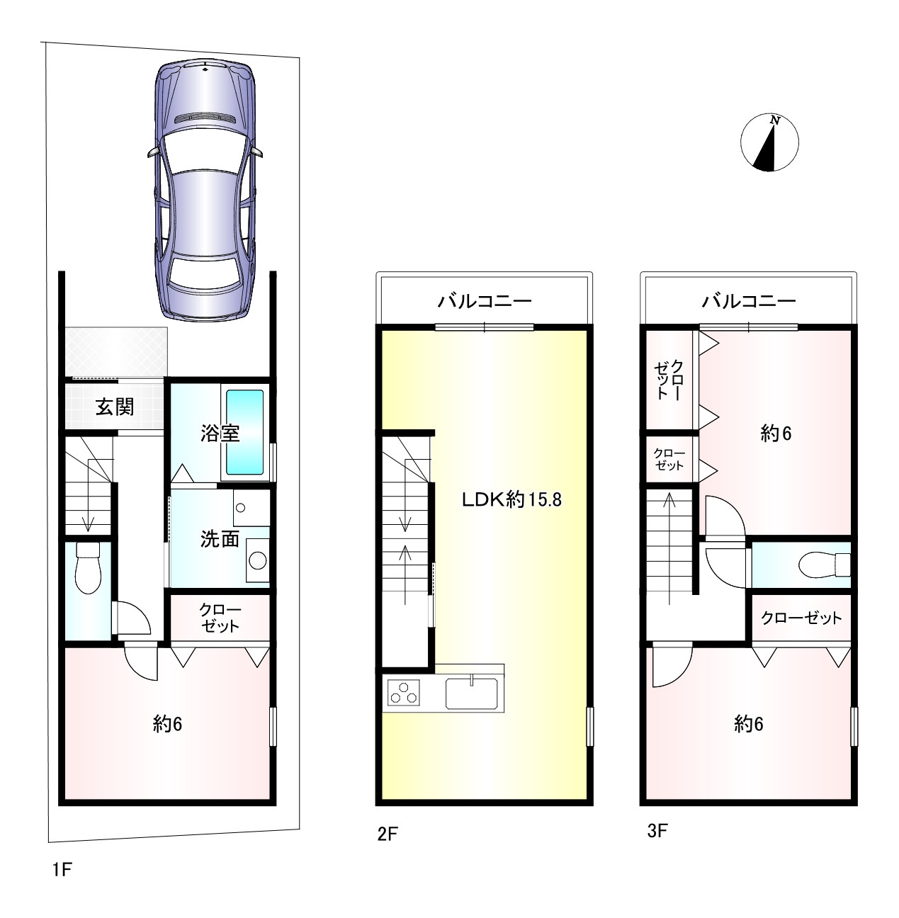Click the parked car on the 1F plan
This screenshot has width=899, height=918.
205,190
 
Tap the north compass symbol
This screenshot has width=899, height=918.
769,142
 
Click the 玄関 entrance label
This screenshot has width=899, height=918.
114,407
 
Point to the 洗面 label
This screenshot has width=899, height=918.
220,539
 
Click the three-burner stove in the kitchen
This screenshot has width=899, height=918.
404,692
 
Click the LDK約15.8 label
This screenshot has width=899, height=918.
512,499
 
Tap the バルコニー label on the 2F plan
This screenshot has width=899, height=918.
485,301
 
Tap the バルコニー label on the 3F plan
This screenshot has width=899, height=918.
749,301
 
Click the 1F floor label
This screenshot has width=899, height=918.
62,870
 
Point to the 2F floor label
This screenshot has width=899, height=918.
388,834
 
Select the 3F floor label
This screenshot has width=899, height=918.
657,832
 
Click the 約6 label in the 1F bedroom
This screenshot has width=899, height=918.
167,725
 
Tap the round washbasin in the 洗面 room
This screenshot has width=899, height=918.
257,560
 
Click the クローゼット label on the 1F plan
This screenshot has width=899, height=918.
220,618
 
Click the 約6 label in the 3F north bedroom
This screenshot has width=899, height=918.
776,433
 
